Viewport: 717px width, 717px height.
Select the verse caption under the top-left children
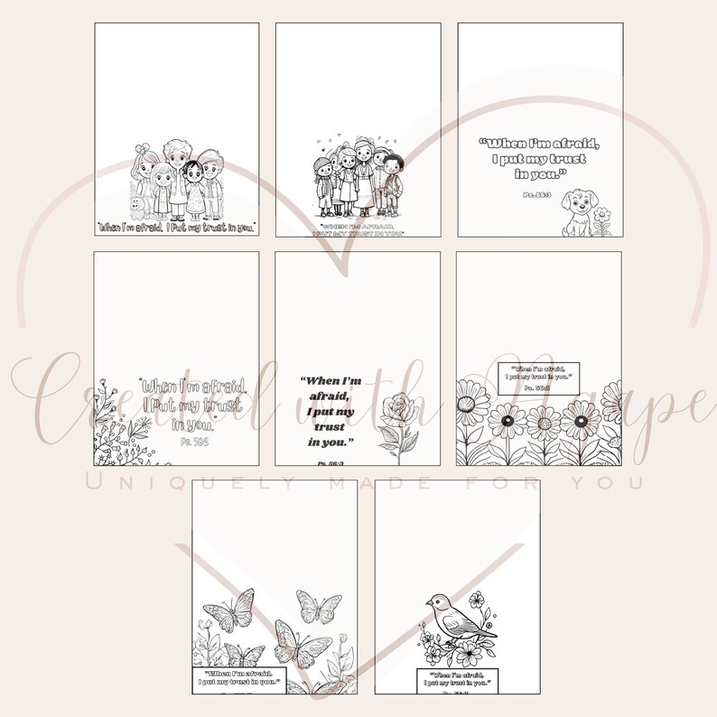pos(177,228)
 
